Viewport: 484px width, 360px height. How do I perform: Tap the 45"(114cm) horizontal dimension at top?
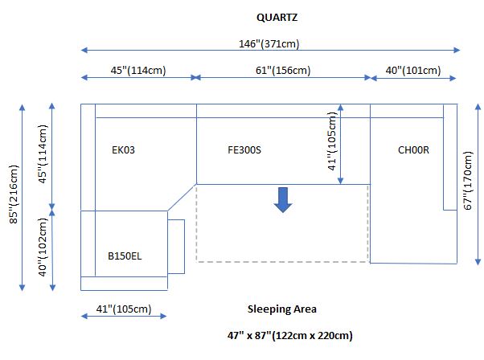138,71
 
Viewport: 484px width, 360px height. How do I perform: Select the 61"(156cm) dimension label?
283,71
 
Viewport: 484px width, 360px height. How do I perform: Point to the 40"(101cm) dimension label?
413,71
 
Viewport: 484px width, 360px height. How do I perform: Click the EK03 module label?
123,149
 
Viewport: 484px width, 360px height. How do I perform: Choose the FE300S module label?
244,149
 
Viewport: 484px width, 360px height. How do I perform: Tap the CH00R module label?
414,149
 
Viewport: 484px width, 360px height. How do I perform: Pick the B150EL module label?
125,256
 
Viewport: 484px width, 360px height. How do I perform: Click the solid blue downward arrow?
282,200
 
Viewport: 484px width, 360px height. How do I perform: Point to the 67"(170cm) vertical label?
469,181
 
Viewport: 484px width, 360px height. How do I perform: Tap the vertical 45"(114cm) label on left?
43,154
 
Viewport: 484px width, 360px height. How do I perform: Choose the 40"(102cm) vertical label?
43,248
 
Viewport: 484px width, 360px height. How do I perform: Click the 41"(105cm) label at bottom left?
124,309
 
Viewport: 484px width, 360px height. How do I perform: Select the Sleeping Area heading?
281,309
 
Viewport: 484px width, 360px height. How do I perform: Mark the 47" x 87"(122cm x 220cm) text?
290,335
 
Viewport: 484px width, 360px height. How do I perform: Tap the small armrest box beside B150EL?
176,246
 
